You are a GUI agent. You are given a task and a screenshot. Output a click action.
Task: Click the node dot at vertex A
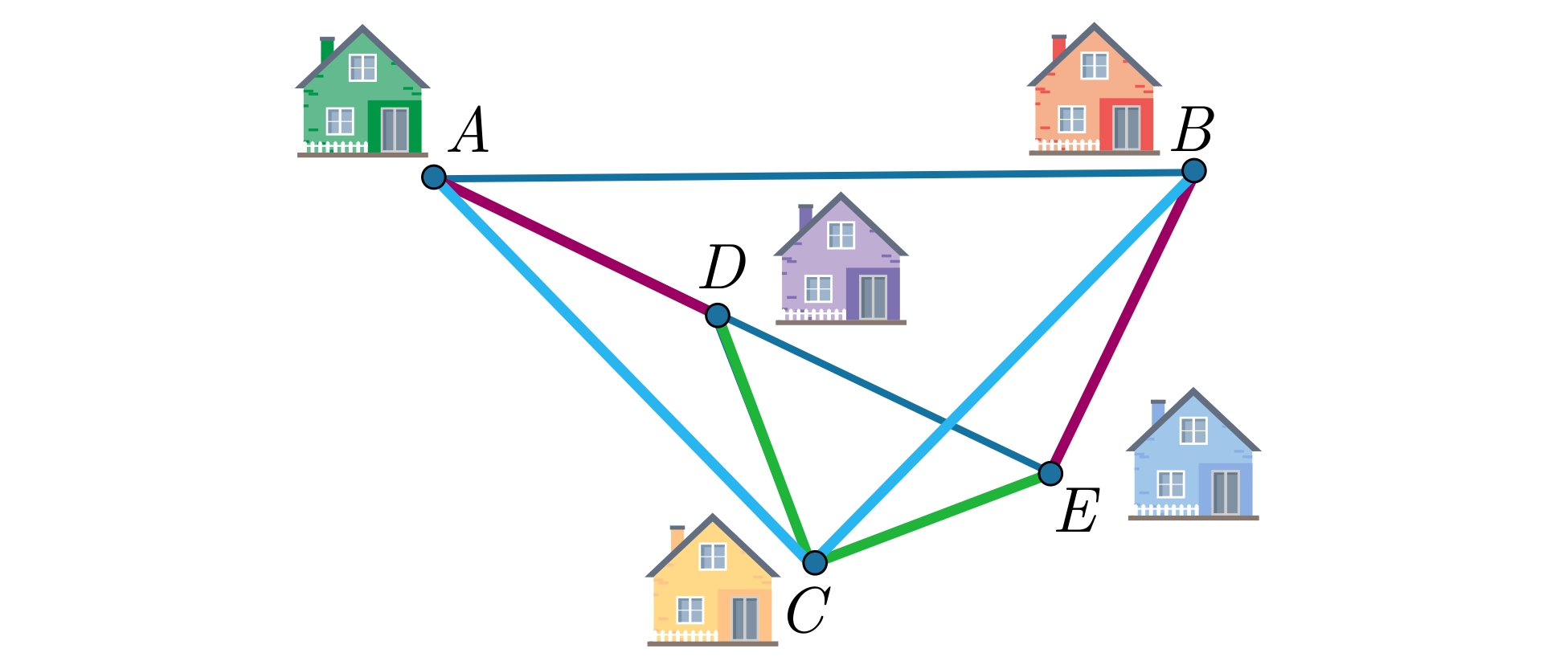[434, 177]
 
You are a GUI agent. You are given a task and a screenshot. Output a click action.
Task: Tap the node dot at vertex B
[1194, 170]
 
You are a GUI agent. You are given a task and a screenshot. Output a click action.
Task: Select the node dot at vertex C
[815, 562]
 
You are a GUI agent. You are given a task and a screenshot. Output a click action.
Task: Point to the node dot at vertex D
[718, 315]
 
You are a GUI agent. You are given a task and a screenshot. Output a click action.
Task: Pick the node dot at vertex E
[1050, 473]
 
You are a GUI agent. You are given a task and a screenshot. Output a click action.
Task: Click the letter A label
[469, 131]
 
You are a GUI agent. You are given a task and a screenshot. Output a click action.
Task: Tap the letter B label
[1193, 129]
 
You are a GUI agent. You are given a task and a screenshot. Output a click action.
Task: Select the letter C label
[808, 611]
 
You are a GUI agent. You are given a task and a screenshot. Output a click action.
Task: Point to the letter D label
[723, 267]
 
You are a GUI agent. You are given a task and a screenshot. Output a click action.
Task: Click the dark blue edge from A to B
[814, 173]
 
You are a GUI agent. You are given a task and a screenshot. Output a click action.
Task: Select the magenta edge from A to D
[575, 246]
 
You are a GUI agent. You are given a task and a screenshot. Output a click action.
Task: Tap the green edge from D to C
[766, 439]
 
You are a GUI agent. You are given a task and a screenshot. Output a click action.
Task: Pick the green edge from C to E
[932, 518]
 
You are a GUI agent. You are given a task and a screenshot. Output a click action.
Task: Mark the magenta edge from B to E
[1122, 321]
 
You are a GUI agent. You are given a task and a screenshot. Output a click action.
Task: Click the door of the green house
[395, 129]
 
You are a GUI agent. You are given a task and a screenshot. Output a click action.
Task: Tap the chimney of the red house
[1058, 48]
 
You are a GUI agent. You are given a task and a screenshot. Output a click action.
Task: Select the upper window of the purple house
[841, 235]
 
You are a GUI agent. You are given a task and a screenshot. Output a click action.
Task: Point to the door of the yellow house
[745, 618]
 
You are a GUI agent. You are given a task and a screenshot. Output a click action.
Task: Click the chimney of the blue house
[1157, 412]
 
